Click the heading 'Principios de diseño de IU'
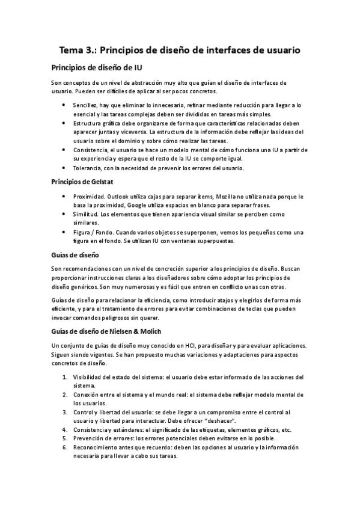pyautogui.click(x=97, y=66)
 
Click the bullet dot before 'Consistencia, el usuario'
pyautogui.click(x=64, y=149)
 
